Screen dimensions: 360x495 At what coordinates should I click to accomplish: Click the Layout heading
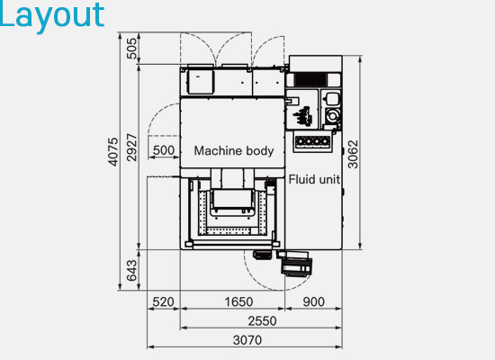coord(52,14)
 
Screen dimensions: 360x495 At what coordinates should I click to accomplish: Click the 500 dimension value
coord(164,150)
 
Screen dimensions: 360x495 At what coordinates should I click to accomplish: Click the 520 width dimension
coord(163,301)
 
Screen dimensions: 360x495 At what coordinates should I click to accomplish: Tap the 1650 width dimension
coord(238,301)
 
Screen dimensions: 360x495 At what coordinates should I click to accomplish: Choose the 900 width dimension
coord(314,301)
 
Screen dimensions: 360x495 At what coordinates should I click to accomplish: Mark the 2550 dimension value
coord(261,320)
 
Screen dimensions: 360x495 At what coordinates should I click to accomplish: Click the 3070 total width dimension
coord(246,340)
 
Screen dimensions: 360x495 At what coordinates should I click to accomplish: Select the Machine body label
coord(234,150)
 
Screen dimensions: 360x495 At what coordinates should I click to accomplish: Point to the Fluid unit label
coord(314,179)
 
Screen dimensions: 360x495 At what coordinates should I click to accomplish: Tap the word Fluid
coord(302,179)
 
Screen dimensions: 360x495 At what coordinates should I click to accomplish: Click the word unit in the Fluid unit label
coord(329,179)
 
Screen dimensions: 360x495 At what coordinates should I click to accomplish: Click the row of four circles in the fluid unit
coord(312,141)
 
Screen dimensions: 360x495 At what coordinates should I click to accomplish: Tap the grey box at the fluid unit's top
coord(315,63)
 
